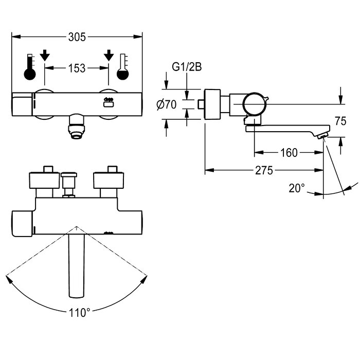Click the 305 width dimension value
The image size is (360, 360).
pos(77,37)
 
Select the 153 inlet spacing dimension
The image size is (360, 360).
pos(77,68)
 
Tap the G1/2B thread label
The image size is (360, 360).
pos(187,67)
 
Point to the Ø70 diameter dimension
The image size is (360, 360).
pos(167,105)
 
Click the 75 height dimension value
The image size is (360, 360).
pos(340,121)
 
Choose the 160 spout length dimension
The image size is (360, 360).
pos(289,153)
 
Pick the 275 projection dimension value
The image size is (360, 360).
pos(264,170)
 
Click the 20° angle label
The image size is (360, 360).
pos(297,189)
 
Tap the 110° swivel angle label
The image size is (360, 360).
pos(79,313)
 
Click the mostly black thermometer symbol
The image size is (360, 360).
pos(30,67)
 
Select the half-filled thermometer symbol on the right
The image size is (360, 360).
pos(123,67)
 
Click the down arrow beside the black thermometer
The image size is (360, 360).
pos(45,55)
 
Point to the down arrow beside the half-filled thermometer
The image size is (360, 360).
pos(109,55)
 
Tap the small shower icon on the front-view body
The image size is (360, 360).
pos(109,102)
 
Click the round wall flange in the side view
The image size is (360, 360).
pos(212,104)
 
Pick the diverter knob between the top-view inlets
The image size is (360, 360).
pos(69,184)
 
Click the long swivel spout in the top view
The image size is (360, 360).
pos(77,266)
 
